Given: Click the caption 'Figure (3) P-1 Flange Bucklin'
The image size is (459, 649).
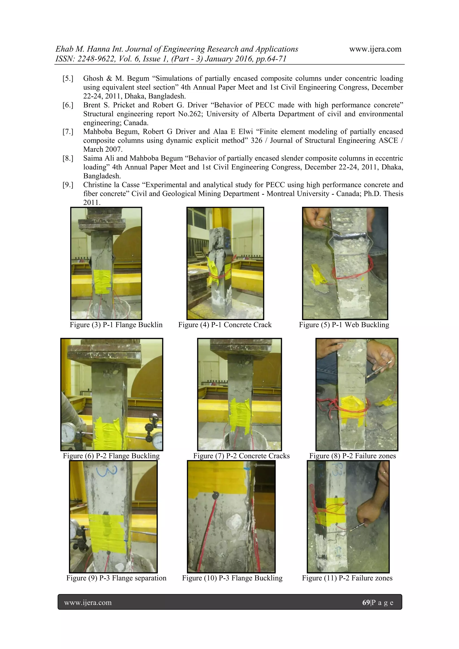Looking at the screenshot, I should point(116,325).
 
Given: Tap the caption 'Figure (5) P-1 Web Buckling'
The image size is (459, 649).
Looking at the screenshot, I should point(344,325).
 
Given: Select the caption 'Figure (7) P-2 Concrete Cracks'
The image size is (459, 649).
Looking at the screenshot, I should point(241,456).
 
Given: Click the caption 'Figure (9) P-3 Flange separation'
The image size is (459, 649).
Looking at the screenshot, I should point(116,578).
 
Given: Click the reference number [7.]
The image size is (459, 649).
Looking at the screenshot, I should point(68,132).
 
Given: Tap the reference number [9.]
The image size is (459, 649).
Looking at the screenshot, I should point(68,185).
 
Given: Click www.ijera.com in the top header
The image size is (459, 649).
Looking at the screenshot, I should point(375,49).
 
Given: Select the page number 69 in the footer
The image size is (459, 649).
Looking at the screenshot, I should point(366,602).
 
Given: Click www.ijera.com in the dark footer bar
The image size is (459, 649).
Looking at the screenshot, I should point(88,602).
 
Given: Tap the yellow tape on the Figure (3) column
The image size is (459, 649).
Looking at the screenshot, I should point(102,281).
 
